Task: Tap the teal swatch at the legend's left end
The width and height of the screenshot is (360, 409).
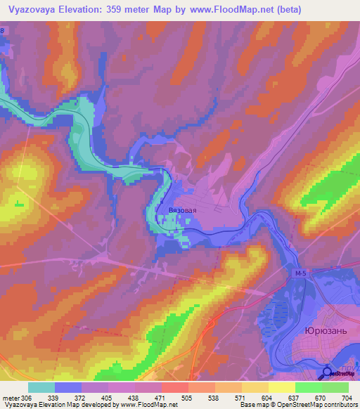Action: [41, 387]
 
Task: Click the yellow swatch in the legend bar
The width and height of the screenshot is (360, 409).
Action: [281, 387]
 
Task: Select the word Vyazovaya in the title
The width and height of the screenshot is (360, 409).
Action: [39, 10]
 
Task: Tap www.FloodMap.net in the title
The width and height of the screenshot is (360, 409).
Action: [231, 10]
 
